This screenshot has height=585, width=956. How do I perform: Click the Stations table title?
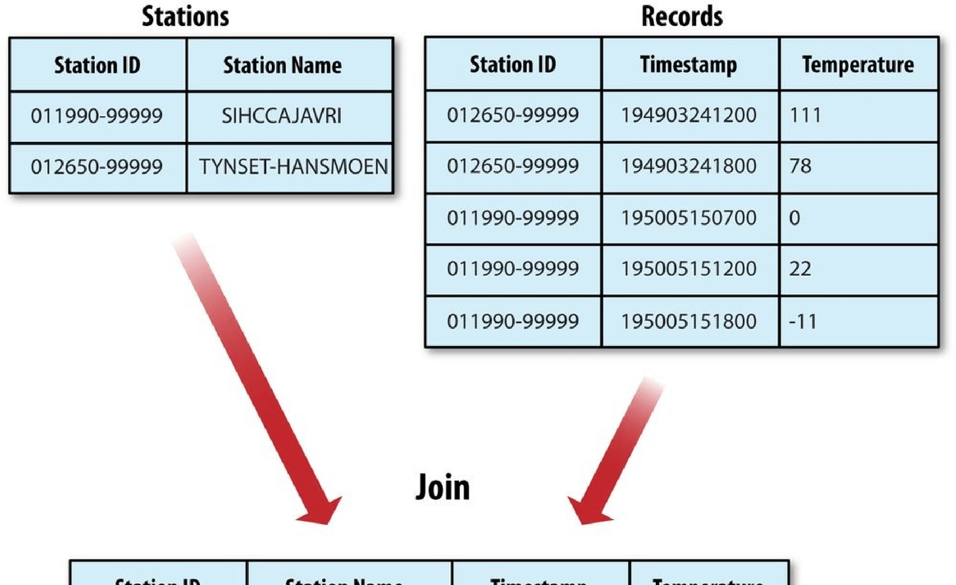click(185, 17)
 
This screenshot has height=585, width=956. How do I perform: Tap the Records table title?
click(682, 17)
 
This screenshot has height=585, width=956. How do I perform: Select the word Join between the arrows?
click(443, 487)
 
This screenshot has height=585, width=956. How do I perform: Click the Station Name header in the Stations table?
click(282, 65)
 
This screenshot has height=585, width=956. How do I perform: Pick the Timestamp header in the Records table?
click(689, 65)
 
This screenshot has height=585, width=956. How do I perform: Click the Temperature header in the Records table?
click(858, 65)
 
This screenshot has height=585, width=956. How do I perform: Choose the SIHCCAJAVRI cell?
click(282, 116)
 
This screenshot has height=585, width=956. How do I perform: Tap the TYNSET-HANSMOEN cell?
click(293, 167)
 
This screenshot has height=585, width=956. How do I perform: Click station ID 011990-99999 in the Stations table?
click(97, 116)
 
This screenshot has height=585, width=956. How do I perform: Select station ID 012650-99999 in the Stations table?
click(97, 167)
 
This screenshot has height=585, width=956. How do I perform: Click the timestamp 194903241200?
click(689, 115)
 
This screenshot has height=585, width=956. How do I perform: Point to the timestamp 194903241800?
click(689, 166)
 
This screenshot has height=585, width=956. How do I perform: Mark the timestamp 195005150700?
click(689, 218)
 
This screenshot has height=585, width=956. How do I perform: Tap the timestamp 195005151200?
click(689, 269)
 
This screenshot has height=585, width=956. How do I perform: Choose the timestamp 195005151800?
click(689, 321)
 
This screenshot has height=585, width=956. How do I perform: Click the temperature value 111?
click(805, 115)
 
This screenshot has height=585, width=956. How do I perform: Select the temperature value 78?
click(800, 166)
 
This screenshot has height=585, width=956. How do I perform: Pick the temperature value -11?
click(803, 321)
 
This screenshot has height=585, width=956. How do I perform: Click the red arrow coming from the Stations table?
click(256, 380)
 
